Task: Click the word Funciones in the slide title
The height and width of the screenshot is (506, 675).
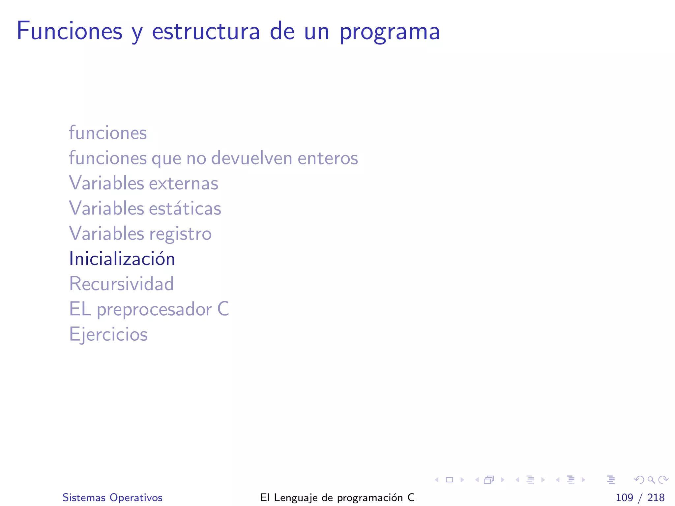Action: point(70,31)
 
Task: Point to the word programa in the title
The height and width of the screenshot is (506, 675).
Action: point(390,32)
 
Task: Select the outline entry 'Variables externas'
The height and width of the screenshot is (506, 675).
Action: point(143,183)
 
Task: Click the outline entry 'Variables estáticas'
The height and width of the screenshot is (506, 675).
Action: point(145,208)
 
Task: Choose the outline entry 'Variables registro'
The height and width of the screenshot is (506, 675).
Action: point(140,234)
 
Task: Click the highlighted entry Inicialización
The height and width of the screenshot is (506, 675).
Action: point(122,259)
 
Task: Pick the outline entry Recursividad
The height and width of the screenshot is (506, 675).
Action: point(121,284)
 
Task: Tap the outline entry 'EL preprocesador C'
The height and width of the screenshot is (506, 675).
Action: point(149,309)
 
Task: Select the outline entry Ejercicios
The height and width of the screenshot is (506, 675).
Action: point(108,334)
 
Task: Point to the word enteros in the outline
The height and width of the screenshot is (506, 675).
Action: point(328,158)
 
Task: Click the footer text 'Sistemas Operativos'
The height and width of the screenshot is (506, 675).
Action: point(112,497)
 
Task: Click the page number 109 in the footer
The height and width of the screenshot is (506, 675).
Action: point(624,497)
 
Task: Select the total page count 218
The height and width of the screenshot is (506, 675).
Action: point(656,497)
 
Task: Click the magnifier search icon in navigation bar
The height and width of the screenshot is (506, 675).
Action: point(651,480)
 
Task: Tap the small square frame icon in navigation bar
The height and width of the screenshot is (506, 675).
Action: point(449,480)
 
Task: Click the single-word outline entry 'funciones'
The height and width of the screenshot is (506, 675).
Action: point(108,133)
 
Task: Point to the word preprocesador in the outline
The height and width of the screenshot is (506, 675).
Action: point(154,310)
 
